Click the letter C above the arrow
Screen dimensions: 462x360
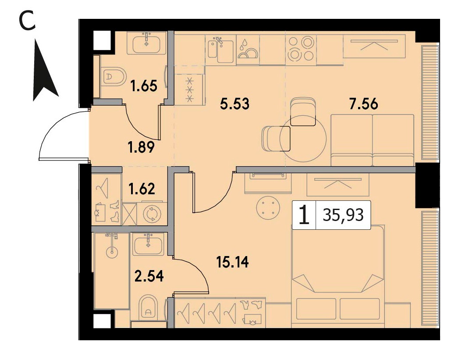[x=28, y=21]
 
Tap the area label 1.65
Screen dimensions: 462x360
[x=144, y=86]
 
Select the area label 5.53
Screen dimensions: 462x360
[x=235, y=104]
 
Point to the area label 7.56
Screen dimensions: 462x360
[x=363, y=104]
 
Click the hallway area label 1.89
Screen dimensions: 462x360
[x=141, y=147]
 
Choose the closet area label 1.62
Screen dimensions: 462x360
[x=142, y=189]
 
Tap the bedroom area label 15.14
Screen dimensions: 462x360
[x=232, y=262]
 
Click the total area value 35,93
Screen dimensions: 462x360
[x=343, y=215]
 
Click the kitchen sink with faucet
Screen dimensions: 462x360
[x=221, y=50]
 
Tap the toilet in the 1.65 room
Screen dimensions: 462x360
[x=114, y=77]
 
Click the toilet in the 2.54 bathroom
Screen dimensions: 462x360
[x=148, y=308]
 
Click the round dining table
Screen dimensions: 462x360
[x=303, y=138]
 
